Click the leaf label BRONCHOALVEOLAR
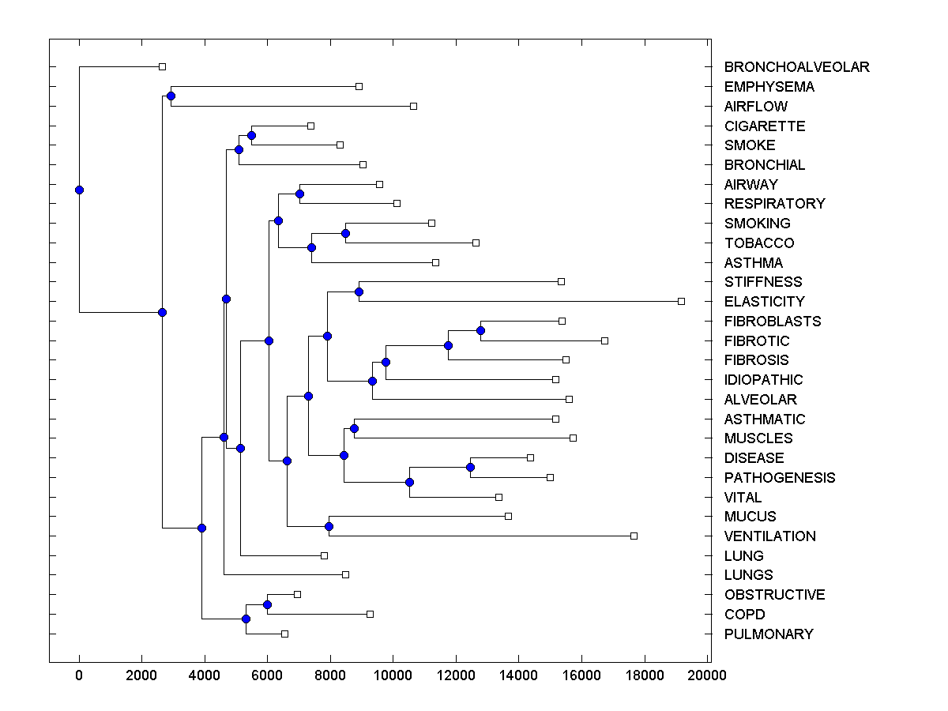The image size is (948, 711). click(796, 67)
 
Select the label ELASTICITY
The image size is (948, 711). click(764, 302)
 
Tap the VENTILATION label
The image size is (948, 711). click(769, 536)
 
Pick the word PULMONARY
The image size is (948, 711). click(768, 634)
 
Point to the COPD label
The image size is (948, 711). click(744, 615)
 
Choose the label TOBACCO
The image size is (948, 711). click(758, 243)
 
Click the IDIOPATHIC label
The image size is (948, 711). click(763, 380)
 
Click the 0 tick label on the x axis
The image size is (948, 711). click(79, 675)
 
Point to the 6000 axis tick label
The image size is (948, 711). click(267, 675)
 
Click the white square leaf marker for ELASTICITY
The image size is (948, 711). click(681, 301)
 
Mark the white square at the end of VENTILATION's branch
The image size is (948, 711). click(634, 536)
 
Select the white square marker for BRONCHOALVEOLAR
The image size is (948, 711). click(162, 66)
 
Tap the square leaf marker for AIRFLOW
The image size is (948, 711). click(413, 106)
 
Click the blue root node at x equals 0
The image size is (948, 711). click(79, 190)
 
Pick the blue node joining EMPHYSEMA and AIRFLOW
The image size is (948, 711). click(171, 96)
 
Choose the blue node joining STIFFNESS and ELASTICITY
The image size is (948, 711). click(359, 292)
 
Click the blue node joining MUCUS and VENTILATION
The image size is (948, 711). click(329, 526)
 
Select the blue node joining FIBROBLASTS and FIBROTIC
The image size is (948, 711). click(480, 330)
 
